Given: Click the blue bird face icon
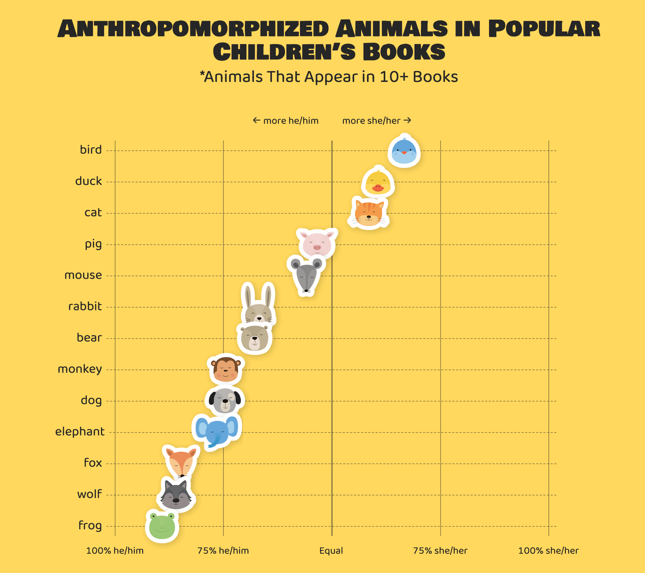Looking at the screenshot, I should point(404,151).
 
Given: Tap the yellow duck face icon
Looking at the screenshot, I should point(378,182).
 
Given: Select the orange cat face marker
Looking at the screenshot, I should point(369,213).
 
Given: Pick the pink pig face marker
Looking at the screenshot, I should point(317,243).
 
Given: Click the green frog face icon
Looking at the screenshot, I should point(162,526).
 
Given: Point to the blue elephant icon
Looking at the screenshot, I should point(216,431).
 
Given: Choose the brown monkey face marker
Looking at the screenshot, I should point(226,369).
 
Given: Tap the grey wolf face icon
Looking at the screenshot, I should point(176,494).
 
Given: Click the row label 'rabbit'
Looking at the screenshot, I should point(85,307).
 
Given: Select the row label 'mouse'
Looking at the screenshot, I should point(83,275).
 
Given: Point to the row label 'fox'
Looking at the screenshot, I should point(93,463).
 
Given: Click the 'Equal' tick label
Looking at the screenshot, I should point(331,551).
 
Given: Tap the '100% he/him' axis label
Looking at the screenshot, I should point(115,551).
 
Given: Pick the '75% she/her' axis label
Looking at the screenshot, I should point(440,551).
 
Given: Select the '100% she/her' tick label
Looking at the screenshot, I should point(548,551).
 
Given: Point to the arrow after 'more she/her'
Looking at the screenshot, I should point(408,120).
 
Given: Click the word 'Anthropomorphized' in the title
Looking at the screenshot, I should point(193,29).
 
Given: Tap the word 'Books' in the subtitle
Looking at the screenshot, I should point(435,77).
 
